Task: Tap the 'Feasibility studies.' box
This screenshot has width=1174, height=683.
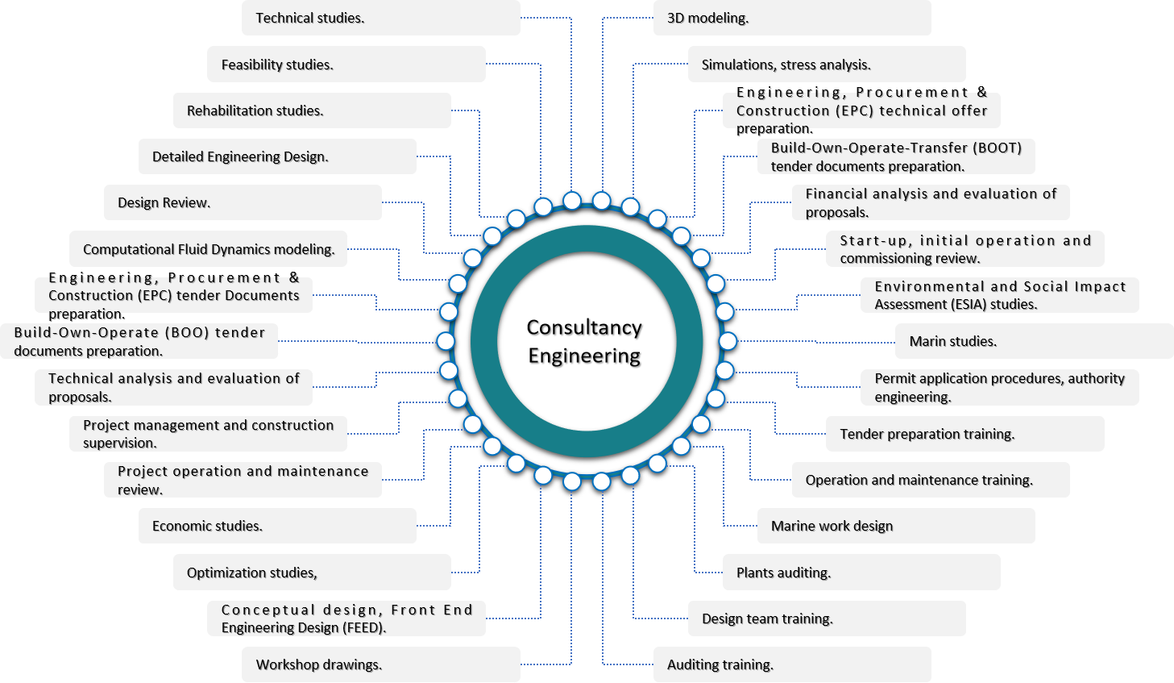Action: (x=346, y=65)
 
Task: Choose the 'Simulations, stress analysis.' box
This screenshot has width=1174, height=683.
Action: (x=826, y=65)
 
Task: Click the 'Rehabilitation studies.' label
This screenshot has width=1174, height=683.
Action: (x=312, y=110)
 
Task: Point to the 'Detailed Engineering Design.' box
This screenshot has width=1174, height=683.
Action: (x=277, y=156)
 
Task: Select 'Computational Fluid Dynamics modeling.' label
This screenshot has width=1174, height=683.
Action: (x=208, y=249)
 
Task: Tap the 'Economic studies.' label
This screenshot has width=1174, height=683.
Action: (x=277, y=526)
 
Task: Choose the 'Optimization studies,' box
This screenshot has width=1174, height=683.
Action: (x=312, y=573)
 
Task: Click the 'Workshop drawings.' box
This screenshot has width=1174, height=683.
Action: (x=380, y=664)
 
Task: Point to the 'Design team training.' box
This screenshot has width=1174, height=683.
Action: (x=826, y=618)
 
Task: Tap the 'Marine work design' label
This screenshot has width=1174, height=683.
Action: (x=895, y=526)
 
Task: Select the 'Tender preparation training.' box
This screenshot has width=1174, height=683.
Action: (x=965, y=434)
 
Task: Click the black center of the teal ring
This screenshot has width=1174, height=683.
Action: (x=587, y=341)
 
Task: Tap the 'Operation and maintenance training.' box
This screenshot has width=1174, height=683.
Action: (x=931, y=480)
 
